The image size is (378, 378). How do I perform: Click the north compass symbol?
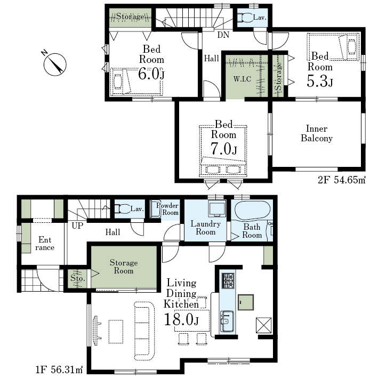54,63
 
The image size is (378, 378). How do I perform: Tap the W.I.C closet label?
242,79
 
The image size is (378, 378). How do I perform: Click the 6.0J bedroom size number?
151,74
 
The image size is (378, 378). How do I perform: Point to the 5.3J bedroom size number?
320,81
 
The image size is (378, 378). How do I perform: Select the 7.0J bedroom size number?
224,149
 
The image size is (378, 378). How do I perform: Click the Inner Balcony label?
317,133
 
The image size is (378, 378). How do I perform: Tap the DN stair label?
223,35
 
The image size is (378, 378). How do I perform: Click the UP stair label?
77,226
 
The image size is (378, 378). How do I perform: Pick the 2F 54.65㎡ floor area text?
342,180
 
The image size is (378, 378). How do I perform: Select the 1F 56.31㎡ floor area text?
59,369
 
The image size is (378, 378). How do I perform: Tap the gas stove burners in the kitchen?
228,280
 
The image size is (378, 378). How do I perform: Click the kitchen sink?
227,321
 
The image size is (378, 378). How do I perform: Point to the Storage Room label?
124,267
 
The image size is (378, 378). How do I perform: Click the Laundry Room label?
206,228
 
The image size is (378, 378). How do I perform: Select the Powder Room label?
167,209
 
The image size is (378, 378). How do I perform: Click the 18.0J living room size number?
181,319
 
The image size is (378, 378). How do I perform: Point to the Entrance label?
45,244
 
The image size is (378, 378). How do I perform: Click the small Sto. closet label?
78,278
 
